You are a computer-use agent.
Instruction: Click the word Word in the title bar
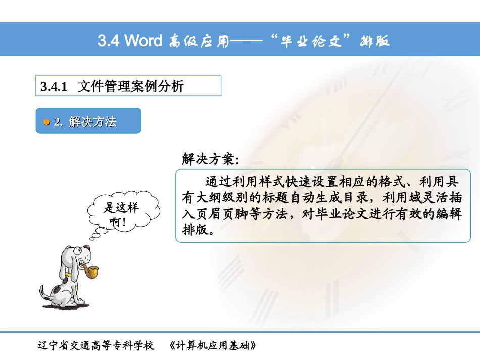pyautogui.click(x=143, y=40)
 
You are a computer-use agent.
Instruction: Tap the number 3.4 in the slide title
pyautogui.click(x=109, y=40)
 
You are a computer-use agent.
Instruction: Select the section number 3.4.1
pyautogui.click(x=54, y=87)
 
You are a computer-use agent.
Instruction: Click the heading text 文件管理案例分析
pyautogui.click(x=130, y=86)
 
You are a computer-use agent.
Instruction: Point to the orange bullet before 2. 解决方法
pyautogui.click(x=46, y=122)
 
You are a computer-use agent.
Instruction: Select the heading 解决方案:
pyautogui.click(x=210, y=160)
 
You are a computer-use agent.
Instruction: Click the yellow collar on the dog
pyautogui.click(x=68, y=276)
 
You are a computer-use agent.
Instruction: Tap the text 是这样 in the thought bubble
pyautogui.click(x=121, y=208)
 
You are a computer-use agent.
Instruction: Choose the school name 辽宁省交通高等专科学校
pyautogui.click(x=95, y=346)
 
